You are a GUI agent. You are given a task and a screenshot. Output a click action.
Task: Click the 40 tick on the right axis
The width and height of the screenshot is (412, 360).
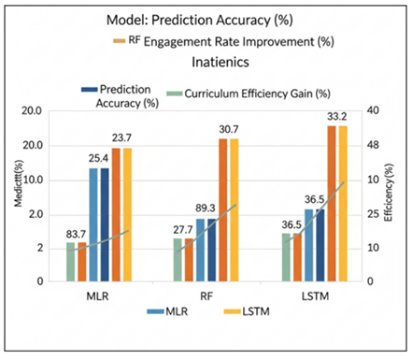pos(373,111)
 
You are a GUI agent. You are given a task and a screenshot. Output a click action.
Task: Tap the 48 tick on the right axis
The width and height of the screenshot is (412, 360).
pos(373,146)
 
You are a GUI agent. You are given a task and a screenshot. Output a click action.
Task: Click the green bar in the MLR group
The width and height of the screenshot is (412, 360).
pos(70,261)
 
